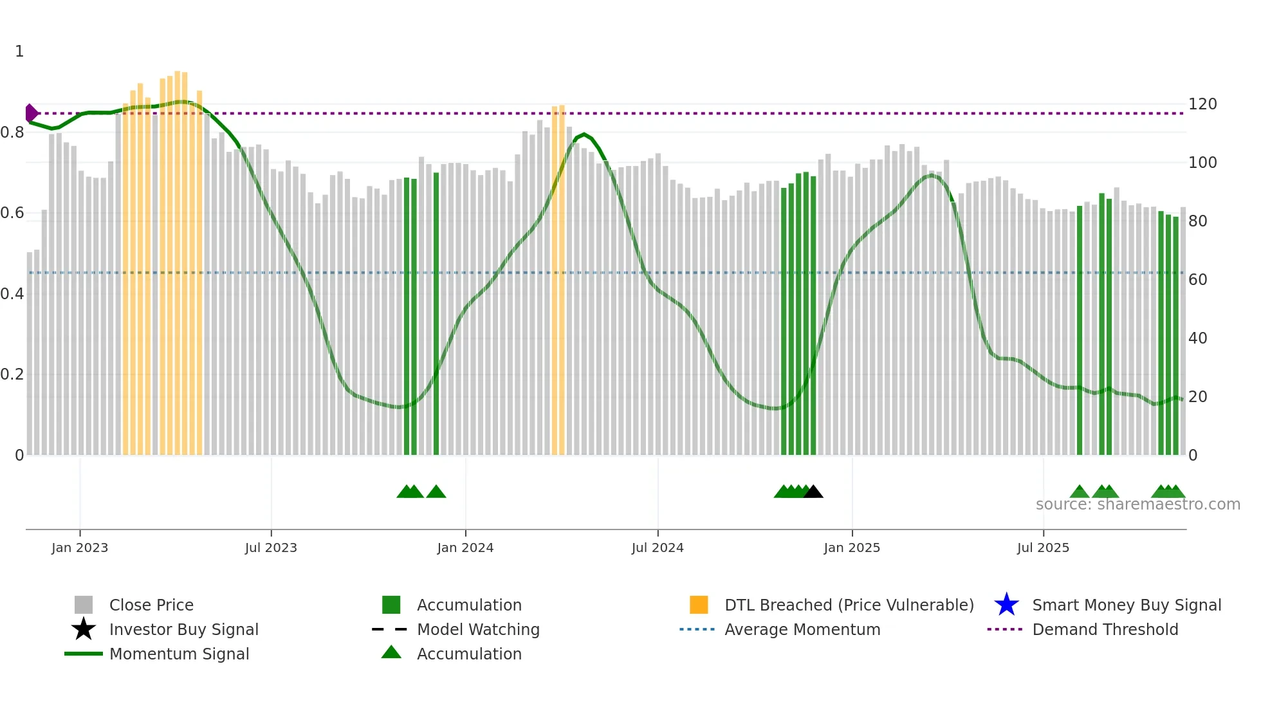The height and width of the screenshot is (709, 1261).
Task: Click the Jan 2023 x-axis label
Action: [80, 548]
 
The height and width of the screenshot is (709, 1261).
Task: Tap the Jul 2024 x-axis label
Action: [658, 548]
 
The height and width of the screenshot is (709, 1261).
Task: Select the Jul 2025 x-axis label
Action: [1043, 548]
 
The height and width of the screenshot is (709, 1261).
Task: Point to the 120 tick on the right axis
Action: [1202, 104]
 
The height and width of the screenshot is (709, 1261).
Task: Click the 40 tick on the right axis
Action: [1198, 338]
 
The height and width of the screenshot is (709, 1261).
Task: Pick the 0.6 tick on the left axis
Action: [12, 213]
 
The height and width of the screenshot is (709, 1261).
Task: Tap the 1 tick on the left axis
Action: [19, 51]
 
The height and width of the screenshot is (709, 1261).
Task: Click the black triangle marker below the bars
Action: [813, 492]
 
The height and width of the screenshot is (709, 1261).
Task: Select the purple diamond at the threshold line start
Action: [31, 113]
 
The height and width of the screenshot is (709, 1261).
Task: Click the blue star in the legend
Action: [1006, 605]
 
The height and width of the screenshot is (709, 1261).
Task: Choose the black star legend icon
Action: [84, 629]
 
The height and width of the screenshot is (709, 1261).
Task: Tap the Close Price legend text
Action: [151, 605]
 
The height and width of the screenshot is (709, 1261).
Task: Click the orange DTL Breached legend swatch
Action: [699, 605]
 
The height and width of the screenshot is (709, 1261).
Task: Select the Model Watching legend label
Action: [478, 630]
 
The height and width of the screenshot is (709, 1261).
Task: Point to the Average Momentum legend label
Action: [802, 630]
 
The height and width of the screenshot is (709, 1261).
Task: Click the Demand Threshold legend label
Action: [1105, 630]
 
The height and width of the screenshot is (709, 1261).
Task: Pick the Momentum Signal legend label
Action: [179, 654]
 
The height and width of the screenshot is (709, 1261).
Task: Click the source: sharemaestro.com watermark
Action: [1137, 504]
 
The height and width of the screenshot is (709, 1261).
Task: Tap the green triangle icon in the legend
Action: [391, 653]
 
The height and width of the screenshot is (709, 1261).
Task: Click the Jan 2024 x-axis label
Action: [465, 548]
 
